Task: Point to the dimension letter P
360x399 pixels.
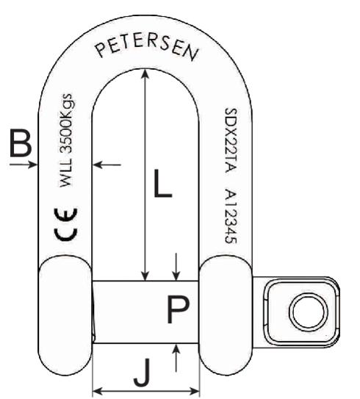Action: click(x=177, y=312)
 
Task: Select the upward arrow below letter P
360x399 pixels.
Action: click(x=176, y=358)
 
